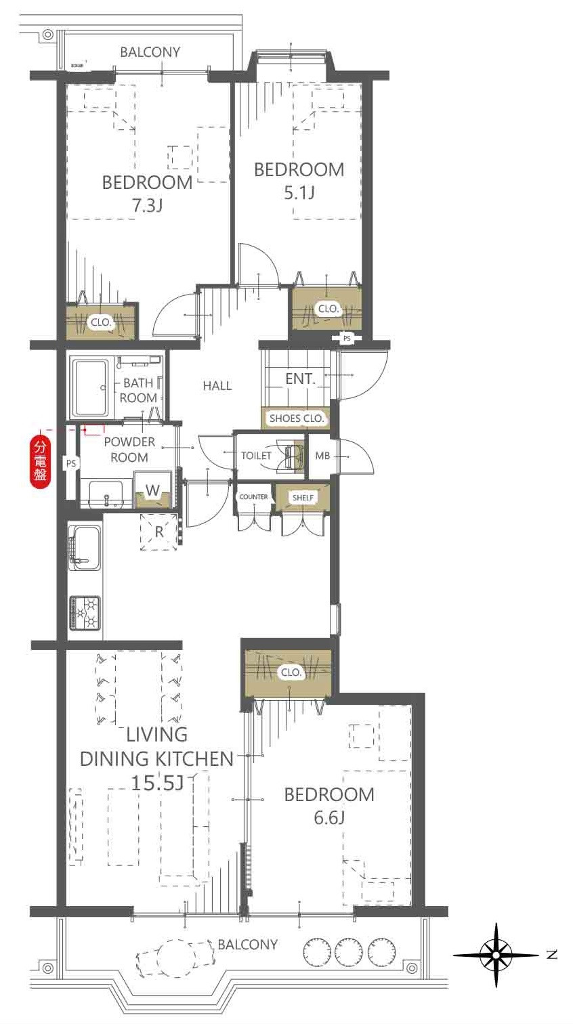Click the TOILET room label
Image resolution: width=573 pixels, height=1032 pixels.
(256, 456)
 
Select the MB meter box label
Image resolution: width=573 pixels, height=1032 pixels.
(322, 456)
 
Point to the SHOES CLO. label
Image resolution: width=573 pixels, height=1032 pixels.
(297, 418)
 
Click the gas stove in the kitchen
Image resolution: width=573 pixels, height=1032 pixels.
(85, 613)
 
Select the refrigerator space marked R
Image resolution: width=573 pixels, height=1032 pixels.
(158, 532)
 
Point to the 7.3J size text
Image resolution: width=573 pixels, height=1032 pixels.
(148, 206)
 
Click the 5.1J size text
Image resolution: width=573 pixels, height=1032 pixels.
(299, 193)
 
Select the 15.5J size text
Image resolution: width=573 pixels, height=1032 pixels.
(157, 782)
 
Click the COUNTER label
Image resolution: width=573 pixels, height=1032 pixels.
(253, 496)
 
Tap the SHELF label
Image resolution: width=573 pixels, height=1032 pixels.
(303, 498)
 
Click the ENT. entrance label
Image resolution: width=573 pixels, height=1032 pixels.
(300, 379)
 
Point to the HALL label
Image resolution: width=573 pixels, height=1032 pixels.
(217, 386)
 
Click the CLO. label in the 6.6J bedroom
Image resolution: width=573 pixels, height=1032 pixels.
(291, 672)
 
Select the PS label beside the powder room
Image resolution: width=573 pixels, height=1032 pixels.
(70, 463)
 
